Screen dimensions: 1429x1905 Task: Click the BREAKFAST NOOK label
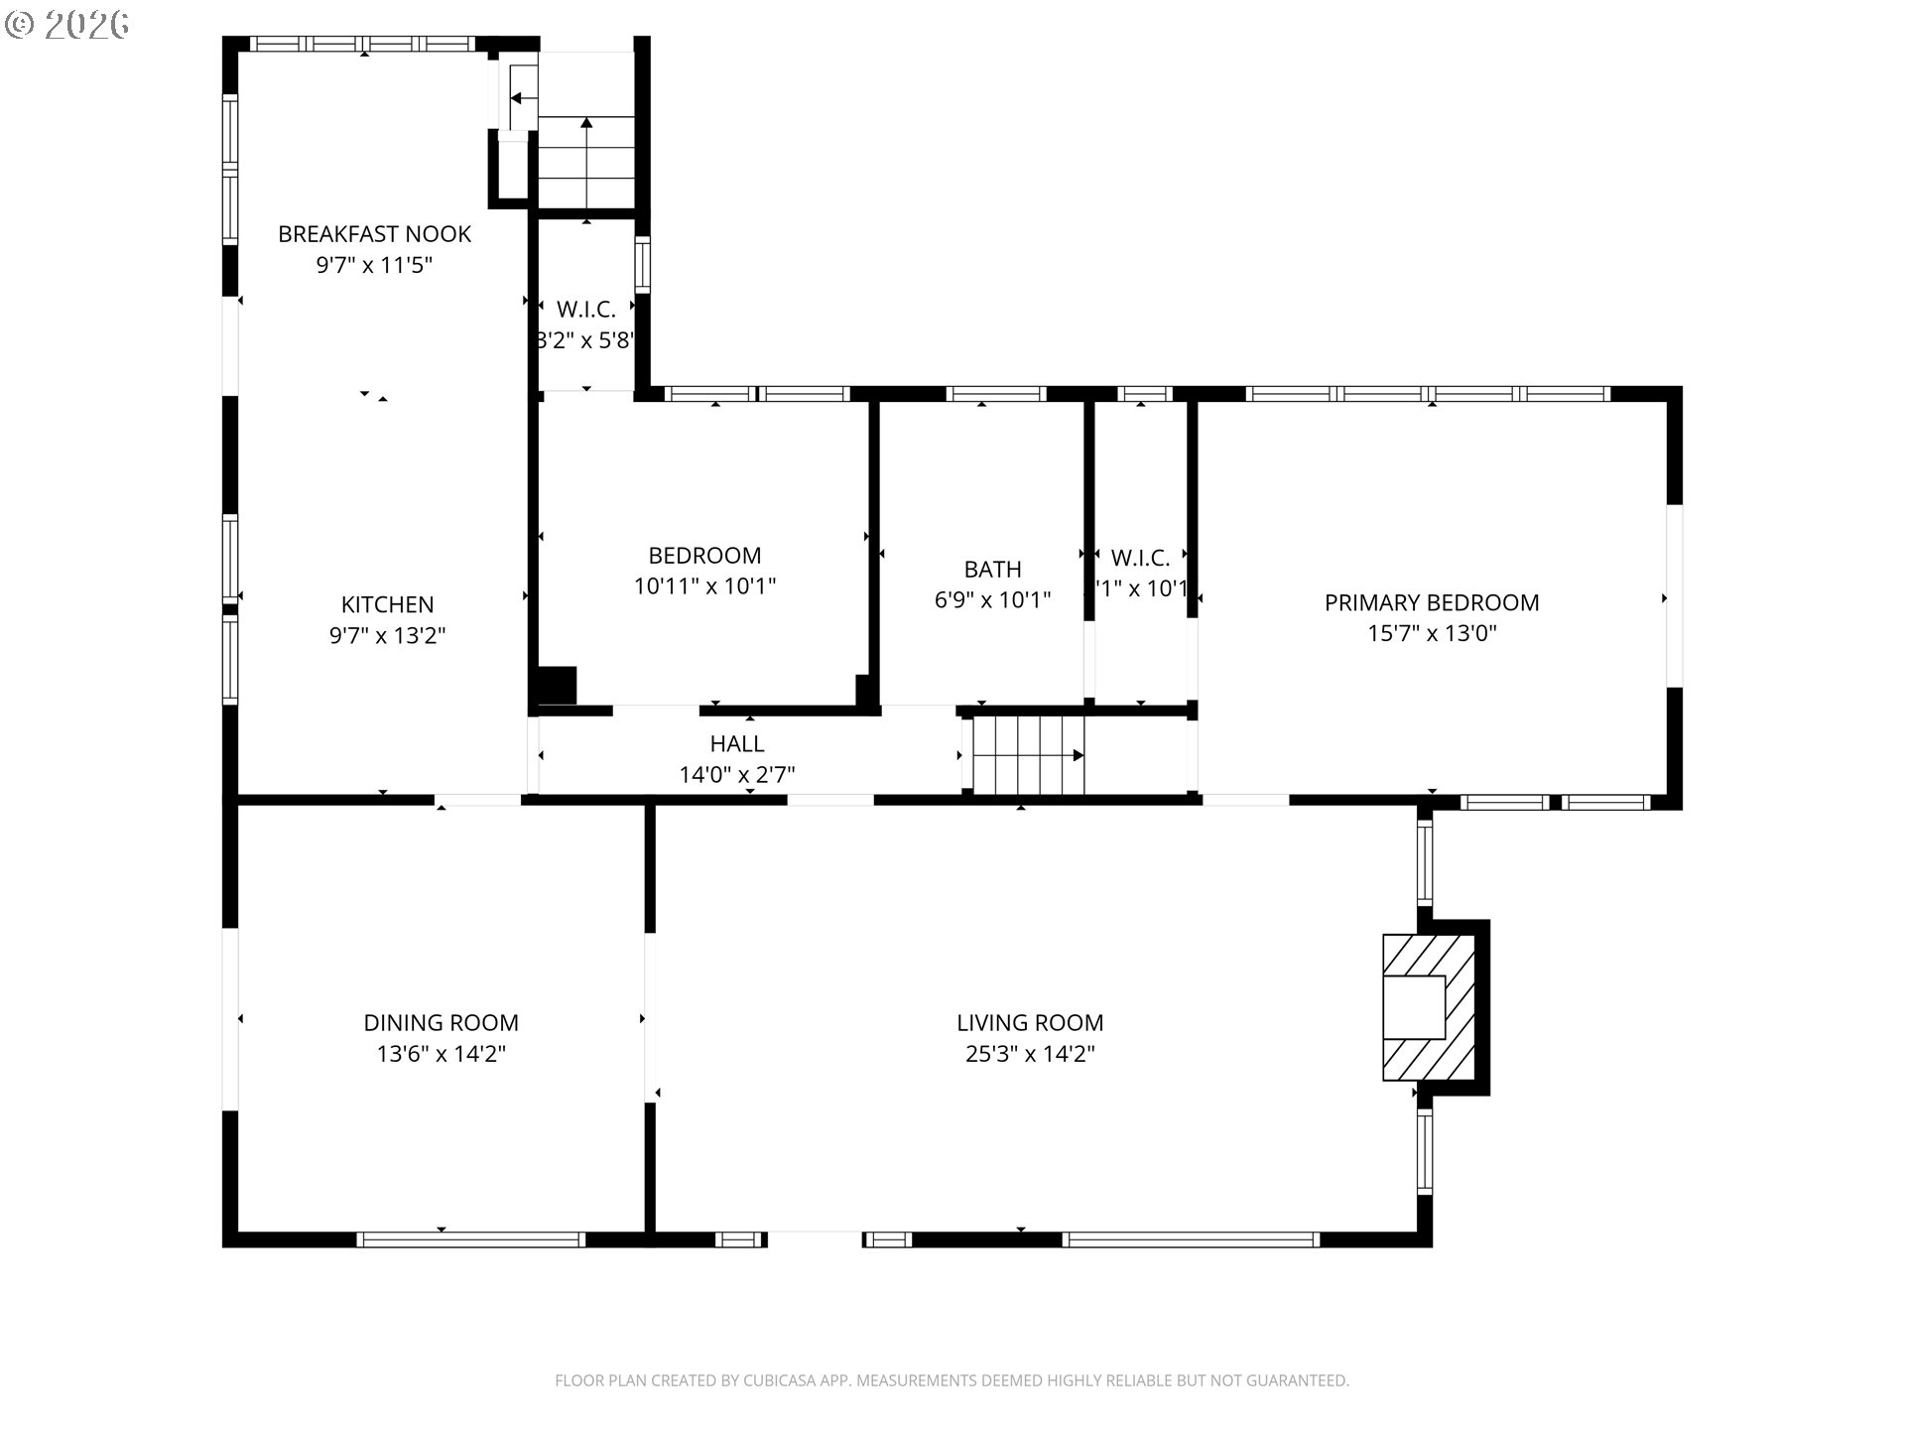[374, 234]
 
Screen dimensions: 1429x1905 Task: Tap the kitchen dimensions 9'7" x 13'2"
[387, 635]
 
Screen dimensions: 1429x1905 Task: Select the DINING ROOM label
[441, 1022]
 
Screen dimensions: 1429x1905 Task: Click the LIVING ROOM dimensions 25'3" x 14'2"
[1029, 1054]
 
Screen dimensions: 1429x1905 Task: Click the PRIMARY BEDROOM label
[1431, 602]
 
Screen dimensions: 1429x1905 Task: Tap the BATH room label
[992, 569]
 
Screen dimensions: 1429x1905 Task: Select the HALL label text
[736, 743]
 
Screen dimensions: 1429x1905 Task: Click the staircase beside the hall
[1027, 755]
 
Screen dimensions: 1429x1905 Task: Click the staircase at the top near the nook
[585, 161]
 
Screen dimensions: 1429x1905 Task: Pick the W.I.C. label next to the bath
[1140, 558]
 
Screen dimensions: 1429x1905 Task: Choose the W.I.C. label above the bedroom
[585, 310]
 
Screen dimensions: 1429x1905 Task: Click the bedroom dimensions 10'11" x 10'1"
[704, 586]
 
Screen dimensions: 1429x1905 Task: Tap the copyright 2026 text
[67, 24]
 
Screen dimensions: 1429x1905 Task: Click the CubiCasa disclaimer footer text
[952, 1380]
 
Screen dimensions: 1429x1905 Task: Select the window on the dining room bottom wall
[470, 1238]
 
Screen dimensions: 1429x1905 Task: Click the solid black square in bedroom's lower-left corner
[557, 686]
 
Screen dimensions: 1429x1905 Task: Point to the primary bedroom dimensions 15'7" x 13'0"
[1431, 633]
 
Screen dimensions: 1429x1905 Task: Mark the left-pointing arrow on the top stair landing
[518, 98]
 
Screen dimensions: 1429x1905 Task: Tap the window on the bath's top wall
[995, 394]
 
